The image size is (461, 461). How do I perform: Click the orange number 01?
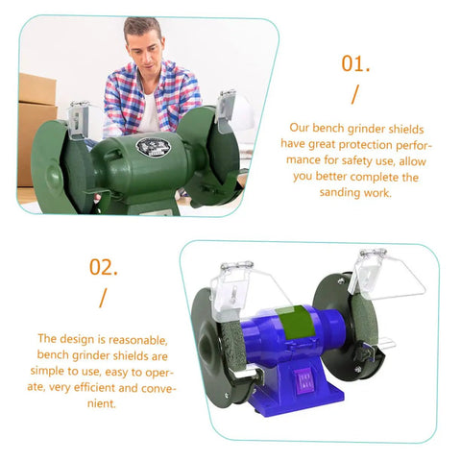click(x=355, y=63)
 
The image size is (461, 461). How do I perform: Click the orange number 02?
click(x=104, y=267)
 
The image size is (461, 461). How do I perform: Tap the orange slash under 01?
click(x=355, y=94)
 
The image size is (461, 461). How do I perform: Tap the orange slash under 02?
click(x=103, y=298)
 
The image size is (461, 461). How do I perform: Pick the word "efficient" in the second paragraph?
click(x=94, y=388)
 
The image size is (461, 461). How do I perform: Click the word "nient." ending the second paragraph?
click(x=102, y=403)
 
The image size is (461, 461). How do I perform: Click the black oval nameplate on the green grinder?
click(x=154, y=147)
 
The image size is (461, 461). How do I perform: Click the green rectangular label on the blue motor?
click(x=295, y=323)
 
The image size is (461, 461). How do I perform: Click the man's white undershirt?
click(x=148, y=113)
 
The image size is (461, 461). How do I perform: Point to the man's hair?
click(x=142, y=28)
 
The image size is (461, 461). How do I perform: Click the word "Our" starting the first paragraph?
click(x=299, y=128)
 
